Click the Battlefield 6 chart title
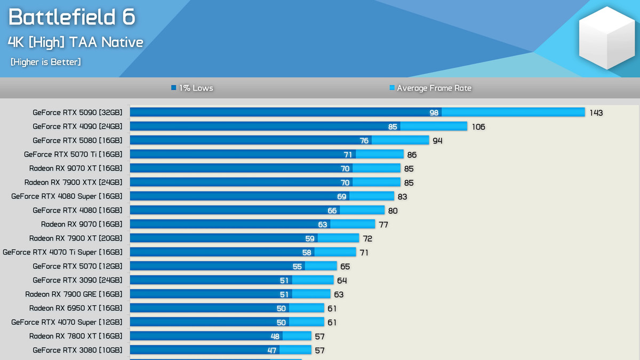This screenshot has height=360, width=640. click(72, 17)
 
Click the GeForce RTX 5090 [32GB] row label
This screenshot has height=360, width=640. click(77, 113)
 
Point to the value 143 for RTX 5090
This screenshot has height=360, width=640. click(596, 113)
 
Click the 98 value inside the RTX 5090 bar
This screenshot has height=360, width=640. click(434, 113)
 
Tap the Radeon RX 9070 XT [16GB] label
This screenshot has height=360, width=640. click(76, 169)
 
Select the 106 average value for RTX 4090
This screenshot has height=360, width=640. click(478, 127)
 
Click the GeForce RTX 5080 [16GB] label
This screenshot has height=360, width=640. click(77, 141)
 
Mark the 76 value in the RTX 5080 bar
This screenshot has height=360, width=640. click(364, 141)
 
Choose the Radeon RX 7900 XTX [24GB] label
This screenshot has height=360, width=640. click(74, 182)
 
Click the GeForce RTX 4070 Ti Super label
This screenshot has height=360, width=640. click(62, 252)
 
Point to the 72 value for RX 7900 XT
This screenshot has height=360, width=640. click(367, 238)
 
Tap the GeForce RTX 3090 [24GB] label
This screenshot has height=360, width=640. click(77, 280)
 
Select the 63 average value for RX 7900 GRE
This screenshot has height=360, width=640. click(339, 294)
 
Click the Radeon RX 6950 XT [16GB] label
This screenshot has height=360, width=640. click(76, 308)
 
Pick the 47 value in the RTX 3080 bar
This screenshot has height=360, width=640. click(271, 350)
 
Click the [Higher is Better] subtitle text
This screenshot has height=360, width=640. click(46, 62)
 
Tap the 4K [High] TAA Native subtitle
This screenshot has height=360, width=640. click(75, 42)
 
